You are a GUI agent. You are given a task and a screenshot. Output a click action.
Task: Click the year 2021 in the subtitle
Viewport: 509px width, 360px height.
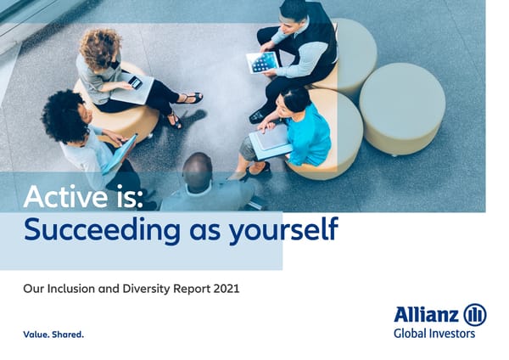click(223, 289)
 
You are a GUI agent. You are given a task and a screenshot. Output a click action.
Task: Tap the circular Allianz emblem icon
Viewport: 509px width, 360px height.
click(475, 315)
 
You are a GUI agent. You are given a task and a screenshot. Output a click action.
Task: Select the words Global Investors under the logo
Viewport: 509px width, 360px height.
click(433, 334)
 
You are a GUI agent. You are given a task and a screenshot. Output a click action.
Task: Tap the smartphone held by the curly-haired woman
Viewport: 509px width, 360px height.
click(135, 82)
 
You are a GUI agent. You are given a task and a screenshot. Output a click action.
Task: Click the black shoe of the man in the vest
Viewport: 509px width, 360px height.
click(256, 116)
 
